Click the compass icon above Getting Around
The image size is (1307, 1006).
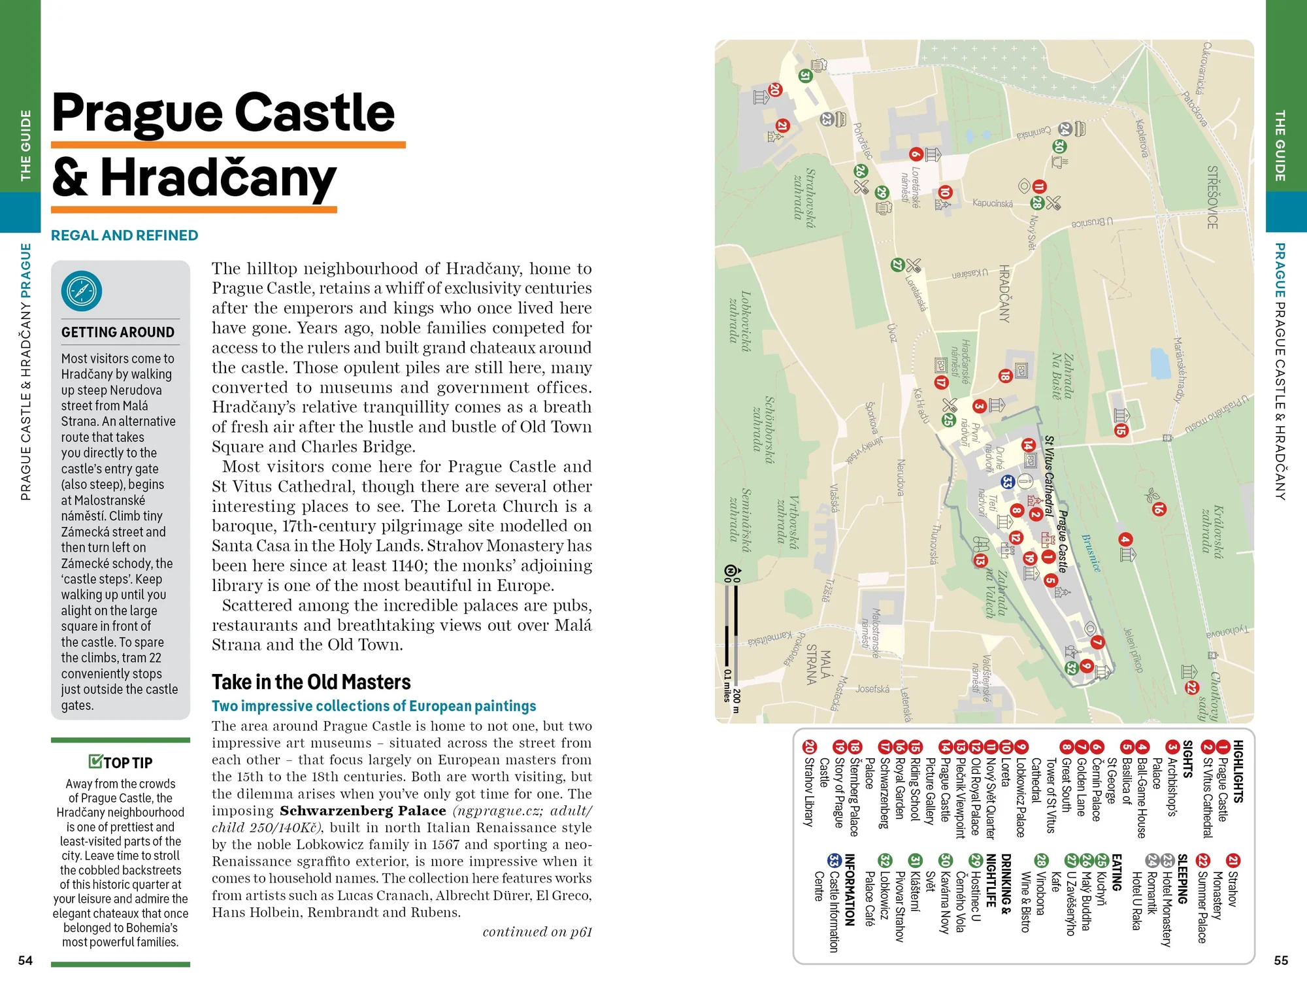[x=82, y=291]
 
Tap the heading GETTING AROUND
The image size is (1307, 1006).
[x=118, y=332]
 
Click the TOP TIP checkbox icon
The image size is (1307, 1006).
[x=95, y=762]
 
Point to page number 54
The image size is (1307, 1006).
[x=25, y=960]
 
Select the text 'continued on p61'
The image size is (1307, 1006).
[x=537, y=932]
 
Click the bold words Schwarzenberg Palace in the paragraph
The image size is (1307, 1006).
[x=363, y=811]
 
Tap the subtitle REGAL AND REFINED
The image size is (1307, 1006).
[x=124, y=235]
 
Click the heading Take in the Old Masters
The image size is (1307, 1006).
[x=311, y=682]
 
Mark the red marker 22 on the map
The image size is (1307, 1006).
[x=1191, y=687]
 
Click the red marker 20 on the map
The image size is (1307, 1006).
[x=776, y=90]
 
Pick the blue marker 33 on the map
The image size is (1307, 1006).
[x=1008, y=482]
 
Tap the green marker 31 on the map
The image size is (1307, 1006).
[x=805, y=76]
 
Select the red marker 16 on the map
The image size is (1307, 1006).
[x=1159, y=509]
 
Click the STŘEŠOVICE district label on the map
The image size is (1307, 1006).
[x=1212, y=197]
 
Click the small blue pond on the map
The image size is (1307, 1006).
[x=1159, y=363]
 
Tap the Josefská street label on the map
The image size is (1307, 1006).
[x=872, y=689]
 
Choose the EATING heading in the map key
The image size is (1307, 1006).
[x=1117, y=873]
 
